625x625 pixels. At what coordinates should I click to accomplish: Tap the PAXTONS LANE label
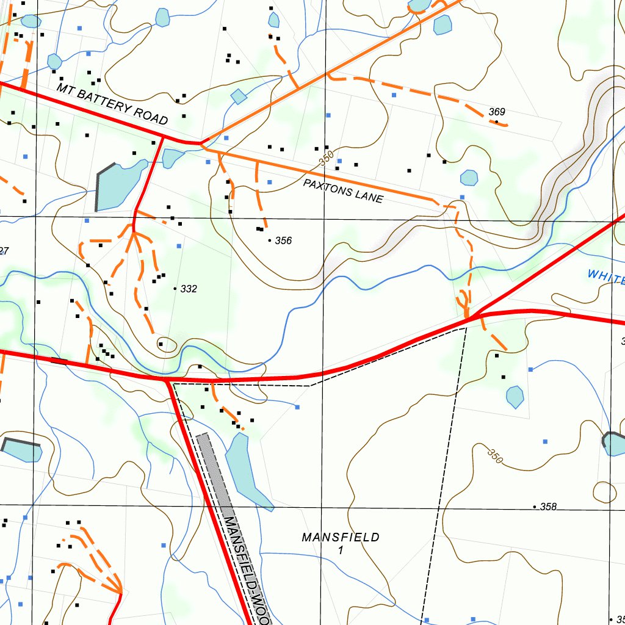pos(344,191)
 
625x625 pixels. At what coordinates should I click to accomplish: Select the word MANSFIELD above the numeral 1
pos(341,537)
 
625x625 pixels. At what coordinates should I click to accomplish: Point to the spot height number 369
pos(497,112)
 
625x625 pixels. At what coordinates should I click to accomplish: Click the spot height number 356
pos(283,240)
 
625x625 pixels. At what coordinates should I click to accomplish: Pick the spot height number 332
pos(189,289)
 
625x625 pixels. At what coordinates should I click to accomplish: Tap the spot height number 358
pos(549,507)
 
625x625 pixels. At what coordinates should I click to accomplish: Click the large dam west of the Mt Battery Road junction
pos(119,185)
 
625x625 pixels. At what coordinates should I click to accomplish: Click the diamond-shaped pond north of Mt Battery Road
pos(239,96)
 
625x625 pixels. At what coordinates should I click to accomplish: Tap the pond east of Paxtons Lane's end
pos(469,178)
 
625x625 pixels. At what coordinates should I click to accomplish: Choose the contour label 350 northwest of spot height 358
pos(494,455)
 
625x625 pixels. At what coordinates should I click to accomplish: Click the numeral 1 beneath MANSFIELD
pos(341,550)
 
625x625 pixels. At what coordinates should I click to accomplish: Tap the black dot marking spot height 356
pos(270,241)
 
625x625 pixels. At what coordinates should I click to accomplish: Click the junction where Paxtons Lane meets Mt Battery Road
pos(202,144)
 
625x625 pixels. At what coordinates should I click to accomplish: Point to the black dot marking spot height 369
pos(496,122)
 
